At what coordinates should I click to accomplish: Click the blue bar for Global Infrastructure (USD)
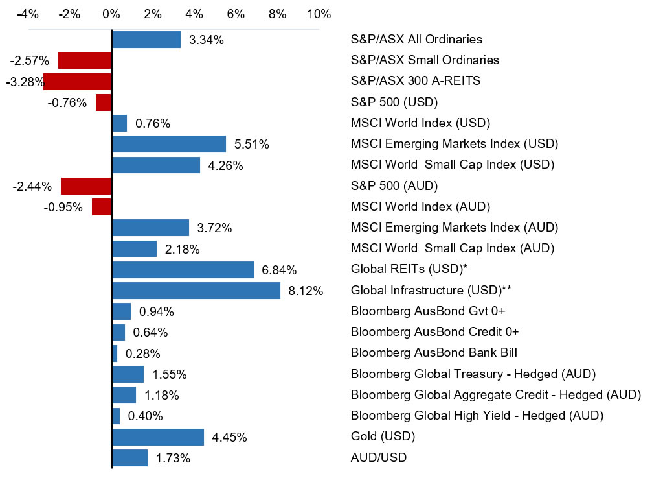(196, 291)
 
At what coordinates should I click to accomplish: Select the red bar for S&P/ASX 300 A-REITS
(78, 81)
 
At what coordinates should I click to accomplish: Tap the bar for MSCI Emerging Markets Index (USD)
(169, 144)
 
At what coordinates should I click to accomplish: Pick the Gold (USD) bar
(158, 437)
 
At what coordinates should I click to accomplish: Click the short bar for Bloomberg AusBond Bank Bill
(115, 353)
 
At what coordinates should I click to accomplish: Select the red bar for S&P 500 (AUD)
(87, 186)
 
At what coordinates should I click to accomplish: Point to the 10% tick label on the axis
(319, 14)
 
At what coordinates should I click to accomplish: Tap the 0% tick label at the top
(111, 14)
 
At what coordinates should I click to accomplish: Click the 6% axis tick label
(236, 14)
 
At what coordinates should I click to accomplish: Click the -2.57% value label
(30, 61)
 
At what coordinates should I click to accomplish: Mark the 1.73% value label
(173, 459)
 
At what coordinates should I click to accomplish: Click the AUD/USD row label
(379, 458)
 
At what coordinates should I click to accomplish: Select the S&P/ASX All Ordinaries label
(416, 40)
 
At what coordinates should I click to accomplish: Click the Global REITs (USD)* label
(409, 269)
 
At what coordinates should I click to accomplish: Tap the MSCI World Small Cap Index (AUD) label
(452, 248)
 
